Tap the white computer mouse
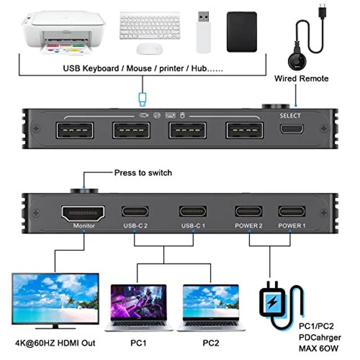click(149, 49)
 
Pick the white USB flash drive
click(203, 31)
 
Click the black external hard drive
click(241, 33)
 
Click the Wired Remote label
click(301, 78)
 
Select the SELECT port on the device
click(292, 129)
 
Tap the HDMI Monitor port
click(83, 213)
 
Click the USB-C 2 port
click(135, 211)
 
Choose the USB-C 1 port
click(192, 211)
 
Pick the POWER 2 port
click(249, 211)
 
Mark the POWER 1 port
click(292, 211)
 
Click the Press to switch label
click(143, 173)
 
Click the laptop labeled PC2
click(211, 307)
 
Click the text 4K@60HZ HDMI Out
click(55, 343)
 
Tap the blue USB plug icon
click(143, 100)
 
